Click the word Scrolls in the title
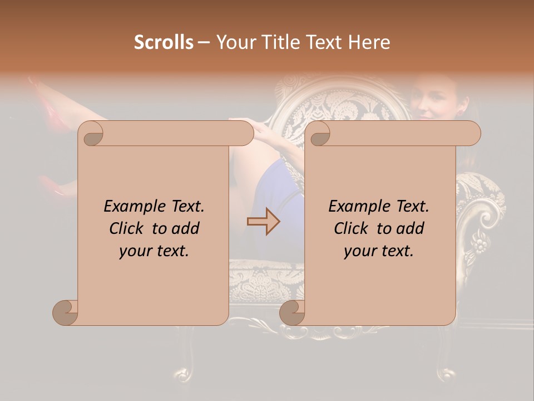(164, 42)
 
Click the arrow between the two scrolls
(263, 221)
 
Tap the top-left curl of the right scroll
(319, 134)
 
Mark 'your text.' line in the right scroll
(379, 251)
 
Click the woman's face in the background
(432, 105)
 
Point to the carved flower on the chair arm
(478, 242)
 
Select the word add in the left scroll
(185, 228)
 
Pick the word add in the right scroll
(409, 228)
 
